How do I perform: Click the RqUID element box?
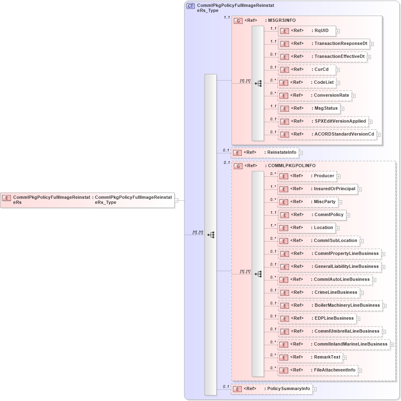click(307, 31)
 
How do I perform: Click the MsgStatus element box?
click(309, 108)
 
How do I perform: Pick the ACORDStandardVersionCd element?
click(327, 134)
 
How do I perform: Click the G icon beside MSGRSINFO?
click(238, 21)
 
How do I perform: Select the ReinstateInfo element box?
click(264, 153)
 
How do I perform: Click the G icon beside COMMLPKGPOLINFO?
click(238, 166)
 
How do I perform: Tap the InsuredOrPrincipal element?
click(317, 189)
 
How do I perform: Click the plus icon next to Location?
click(338, 228)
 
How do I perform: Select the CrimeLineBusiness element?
click(319, 293)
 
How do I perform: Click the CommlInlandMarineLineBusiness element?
click(333, 344)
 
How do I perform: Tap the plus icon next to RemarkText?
click(345, 358)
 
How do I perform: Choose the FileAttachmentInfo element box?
click(318, 370)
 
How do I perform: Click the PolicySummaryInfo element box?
click(271, 389)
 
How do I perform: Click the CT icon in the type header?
click(190, 6)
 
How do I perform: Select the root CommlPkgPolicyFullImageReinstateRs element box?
click(87, 200)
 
